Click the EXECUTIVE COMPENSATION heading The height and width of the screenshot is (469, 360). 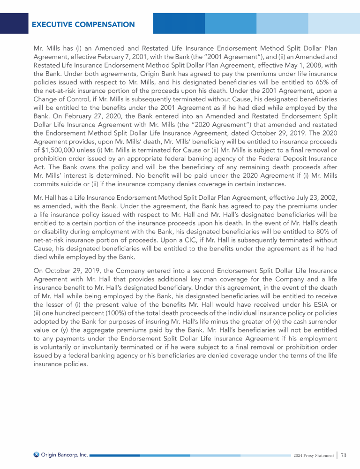pos(83,24)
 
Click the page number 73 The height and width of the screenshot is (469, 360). pos(344,455)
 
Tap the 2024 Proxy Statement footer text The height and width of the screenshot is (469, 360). pos(313,455)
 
